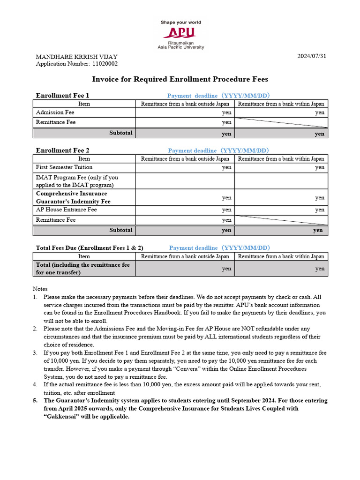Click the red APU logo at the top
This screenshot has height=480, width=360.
tap(180, 32)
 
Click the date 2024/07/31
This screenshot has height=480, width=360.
tap(311, 57)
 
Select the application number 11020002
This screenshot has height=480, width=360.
tap(105, 64)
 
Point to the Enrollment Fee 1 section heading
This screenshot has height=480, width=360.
tap(62, 96)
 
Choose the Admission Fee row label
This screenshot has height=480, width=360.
tap(55, 112)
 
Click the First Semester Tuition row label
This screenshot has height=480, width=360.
tap(64, 167)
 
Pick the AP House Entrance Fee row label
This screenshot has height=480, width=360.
tap(66, 210)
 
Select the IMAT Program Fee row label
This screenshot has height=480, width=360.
tap(77, 181)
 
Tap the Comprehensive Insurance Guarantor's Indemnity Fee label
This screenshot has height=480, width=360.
tap(73, 197)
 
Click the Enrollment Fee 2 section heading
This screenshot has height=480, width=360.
tap(62, 150)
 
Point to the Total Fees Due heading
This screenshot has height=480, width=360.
tap(90, 247)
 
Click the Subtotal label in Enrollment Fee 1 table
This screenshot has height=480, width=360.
tap(121, 133)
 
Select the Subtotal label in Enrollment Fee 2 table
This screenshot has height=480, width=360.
tap(121, 230)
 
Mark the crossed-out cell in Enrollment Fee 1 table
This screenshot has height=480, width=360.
tap(281, 123)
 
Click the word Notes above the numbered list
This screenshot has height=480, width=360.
tap(40, 289)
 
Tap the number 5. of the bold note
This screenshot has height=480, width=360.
tap(35, 401)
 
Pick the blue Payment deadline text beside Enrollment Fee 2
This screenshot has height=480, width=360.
tap(219, 150)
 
